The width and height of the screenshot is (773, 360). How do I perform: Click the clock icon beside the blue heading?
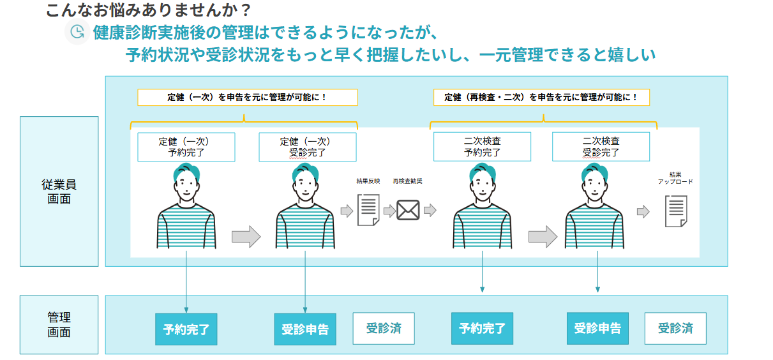click(x=77, y=32)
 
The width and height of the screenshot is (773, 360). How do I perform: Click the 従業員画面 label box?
click(x=59, y=191)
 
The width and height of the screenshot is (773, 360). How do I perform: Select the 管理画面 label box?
click(x=59, y=324)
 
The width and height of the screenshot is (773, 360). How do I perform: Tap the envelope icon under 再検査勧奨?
click(x=408, y=210)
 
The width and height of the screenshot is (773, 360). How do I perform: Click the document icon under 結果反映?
click(x=368, y=210)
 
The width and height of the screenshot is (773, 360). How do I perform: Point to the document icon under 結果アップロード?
click(x=676, y=211)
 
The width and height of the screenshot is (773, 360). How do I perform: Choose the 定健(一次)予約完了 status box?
click(x=186, y=147)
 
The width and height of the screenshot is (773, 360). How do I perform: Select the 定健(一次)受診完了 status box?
click(x=308, y=147)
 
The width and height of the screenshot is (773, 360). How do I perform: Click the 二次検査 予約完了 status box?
click(x=482, y=147)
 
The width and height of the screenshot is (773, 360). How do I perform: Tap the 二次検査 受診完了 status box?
click(x=601, y=147)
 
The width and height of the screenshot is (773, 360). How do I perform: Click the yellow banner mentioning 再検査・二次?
click(x=541, y=97)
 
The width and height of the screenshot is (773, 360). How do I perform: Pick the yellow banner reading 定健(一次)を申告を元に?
click(x=248, y=97)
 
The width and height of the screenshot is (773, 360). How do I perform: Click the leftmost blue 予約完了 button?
click(x=186, y=329)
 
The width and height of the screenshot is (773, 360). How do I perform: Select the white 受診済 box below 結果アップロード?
click(x=675, y=328)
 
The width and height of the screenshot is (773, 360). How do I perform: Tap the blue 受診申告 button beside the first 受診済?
click(x=305, y=329)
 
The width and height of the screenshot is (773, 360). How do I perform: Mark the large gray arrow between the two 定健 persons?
click(x=246, y=237)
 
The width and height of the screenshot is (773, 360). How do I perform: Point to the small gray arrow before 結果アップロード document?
click(x=643, y=211)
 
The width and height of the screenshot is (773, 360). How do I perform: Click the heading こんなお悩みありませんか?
click(x=148, y=10)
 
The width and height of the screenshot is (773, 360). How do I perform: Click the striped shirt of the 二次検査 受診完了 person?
click(x=594, y=227)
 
